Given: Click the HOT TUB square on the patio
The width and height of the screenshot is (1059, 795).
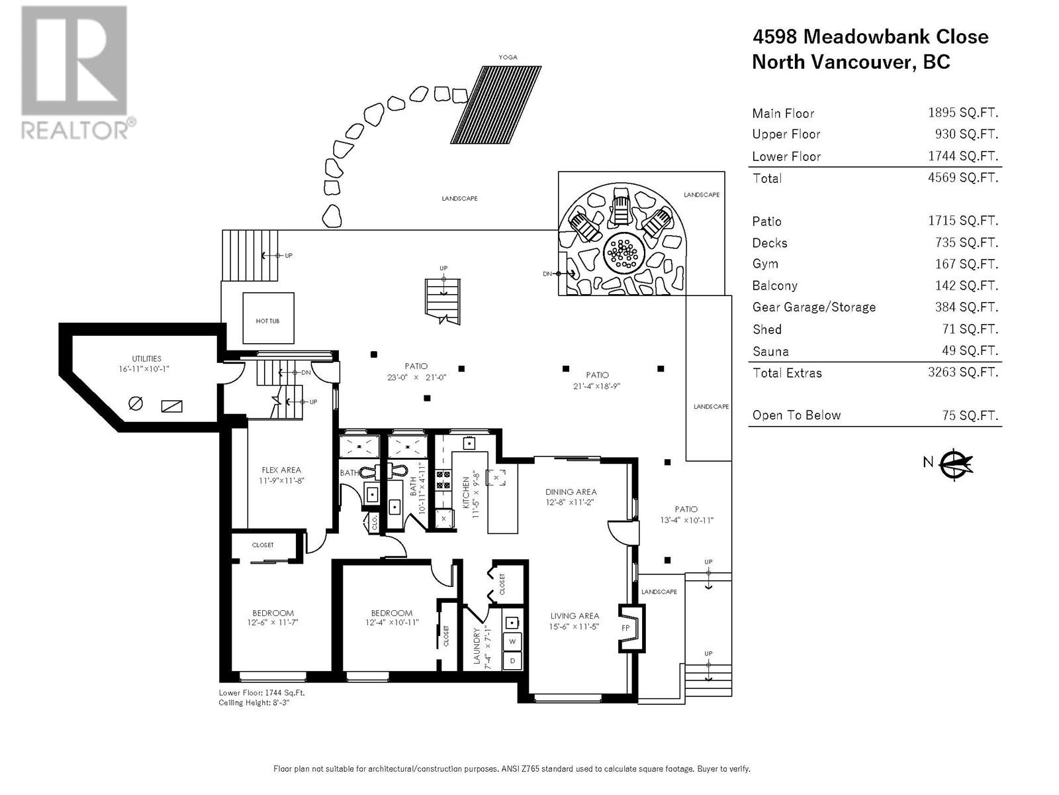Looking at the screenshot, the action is click(x=268, y=317).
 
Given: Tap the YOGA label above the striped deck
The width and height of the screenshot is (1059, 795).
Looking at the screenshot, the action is click(x=508, y=57).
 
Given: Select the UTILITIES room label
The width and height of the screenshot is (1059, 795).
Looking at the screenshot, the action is click(x=147, y=358).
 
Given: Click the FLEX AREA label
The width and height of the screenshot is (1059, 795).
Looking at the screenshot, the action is click(x=281, y=470).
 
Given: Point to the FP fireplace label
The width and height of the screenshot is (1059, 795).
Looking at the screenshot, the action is click(x=625, y=628).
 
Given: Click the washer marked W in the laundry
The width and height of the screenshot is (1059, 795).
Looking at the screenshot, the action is click(x=512, y=641).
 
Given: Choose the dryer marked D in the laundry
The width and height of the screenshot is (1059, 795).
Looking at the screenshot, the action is click(x=512, y=661).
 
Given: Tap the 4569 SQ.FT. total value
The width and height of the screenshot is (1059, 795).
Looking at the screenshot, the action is click(x=962, y=178).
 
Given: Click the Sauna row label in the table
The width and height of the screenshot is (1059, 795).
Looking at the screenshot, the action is click(x=770, y=351).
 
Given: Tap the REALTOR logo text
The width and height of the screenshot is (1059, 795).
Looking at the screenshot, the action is click(x=75, y=130).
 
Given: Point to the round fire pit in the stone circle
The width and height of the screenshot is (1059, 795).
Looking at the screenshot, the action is click(x=624, y=252).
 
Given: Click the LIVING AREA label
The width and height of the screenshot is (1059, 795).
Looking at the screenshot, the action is click(x=575, y=616).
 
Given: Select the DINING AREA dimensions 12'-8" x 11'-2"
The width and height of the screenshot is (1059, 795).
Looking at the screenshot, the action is click(x=570, y=502).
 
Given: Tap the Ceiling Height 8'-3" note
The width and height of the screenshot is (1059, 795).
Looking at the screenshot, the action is click(x=253, y=703).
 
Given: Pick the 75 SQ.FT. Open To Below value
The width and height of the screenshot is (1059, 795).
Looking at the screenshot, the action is click(x=970, y=415).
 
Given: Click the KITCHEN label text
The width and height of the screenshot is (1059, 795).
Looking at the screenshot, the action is click(x=466, y=492).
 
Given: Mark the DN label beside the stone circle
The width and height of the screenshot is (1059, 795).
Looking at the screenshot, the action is click(x=547, y=274).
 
